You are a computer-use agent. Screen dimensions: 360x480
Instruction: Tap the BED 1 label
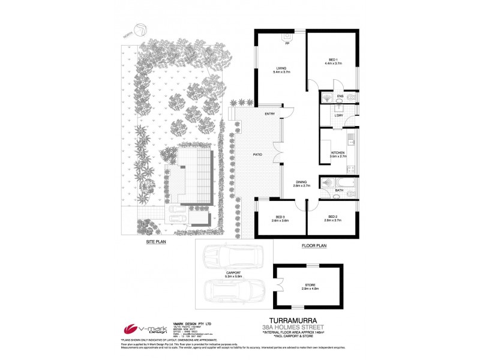click(333, 59)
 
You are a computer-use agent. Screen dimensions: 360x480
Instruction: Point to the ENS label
click(340, 97)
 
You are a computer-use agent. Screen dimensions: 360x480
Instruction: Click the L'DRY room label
click(339, 115)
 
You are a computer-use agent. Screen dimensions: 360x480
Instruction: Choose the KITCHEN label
click(338, 154)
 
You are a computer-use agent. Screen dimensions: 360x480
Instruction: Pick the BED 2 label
click(334, 217)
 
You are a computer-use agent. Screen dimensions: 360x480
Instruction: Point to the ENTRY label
click(269, 113)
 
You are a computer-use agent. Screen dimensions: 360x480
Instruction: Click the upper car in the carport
click(226, 258)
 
